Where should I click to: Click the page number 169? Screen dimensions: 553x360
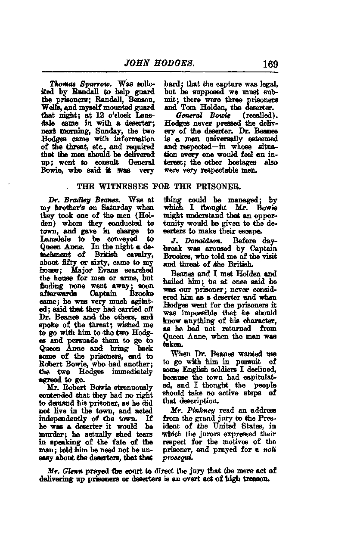[270, 65]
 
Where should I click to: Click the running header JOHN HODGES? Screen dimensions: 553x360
[160, 64]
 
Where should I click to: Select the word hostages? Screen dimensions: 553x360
[242, 162]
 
